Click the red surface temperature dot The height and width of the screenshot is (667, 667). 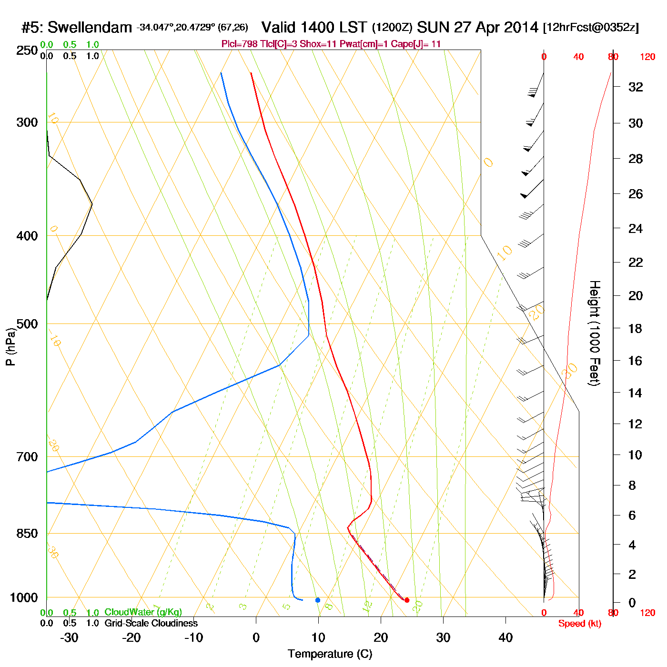(407, 600)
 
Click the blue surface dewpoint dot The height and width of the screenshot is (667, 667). (318, 600)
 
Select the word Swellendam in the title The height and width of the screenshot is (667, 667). (90, 28)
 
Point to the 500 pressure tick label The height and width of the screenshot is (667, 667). (27, 324)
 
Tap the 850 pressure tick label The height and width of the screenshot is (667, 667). (27, 534)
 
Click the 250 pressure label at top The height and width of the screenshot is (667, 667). (27, 51)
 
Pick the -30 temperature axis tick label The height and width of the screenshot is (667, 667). (69, 637)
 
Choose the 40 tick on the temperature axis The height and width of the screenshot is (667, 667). (505, 637)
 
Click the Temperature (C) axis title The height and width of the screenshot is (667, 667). (330, 654)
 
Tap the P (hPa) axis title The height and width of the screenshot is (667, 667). (10, 346)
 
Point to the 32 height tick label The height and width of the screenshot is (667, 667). (636, 87)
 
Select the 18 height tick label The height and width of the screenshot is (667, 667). (636, 328)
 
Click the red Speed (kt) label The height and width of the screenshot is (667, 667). (579, 624)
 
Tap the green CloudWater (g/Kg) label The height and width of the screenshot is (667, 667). (143, 612)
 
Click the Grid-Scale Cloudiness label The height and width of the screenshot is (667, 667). (151, 623)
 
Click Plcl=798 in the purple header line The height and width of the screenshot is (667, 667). (240, 44)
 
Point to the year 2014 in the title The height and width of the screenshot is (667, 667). (521, 28)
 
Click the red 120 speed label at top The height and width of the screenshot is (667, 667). (647, 57)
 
